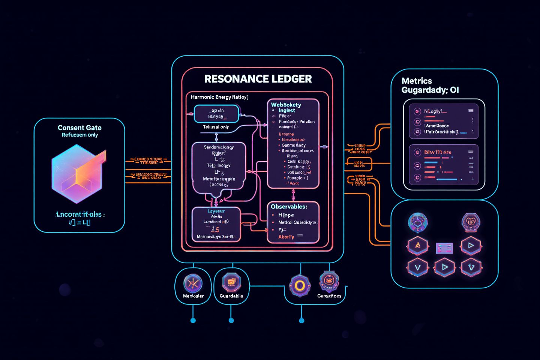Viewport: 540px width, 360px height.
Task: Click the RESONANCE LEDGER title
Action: coord(258,79)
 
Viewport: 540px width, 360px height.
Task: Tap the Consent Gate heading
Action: coord(79,128)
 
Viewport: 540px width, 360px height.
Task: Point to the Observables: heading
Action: coord(289,207)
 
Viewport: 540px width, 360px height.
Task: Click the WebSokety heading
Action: coord(286,105)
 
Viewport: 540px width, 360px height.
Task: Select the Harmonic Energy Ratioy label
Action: coord(219,97)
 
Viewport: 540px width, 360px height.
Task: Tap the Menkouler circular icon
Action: coord(193,283)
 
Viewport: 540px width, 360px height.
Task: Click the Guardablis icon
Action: coord(231,282)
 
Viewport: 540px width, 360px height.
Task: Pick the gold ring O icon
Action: coord(299,286)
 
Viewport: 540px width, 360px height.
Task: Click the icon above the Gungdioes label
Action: coord(329,281)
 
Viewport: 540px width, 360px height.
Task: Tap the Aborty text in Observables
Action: coord(286,237)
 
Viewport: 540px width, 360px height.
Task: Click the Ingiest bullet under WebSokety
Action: coord(286,111)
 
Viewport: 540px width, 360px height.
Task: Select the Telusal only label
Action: coord(216,127)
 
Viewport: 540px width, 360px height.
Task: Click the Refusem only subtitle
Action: coord(79,135)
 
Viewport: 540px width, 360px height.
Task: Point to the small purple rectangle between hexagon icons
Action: coord(444,248)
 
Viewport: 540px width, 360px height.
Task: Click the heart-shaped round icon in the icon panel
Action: coord(471,222)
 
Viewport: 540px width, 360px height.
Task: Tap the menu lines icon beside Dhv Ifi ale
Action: coord(471,151)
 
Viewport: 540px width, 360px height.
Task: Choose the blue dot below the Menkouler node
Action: coord(193,320)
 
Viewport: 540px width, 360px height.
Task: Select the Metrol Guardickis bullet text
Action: coord(297,222)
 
